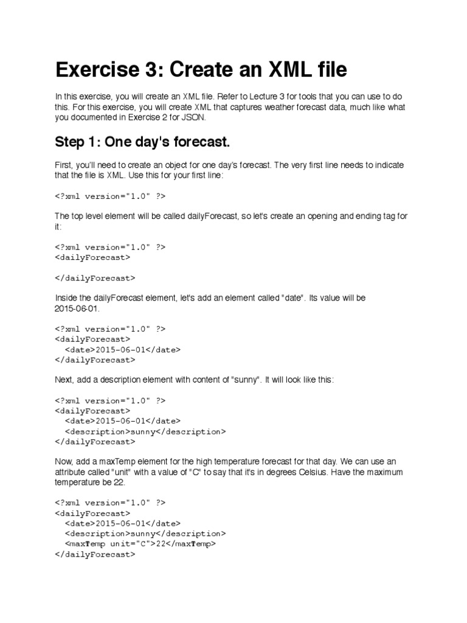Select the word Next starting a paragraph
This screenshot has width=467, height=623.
(x=64, y=379)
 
